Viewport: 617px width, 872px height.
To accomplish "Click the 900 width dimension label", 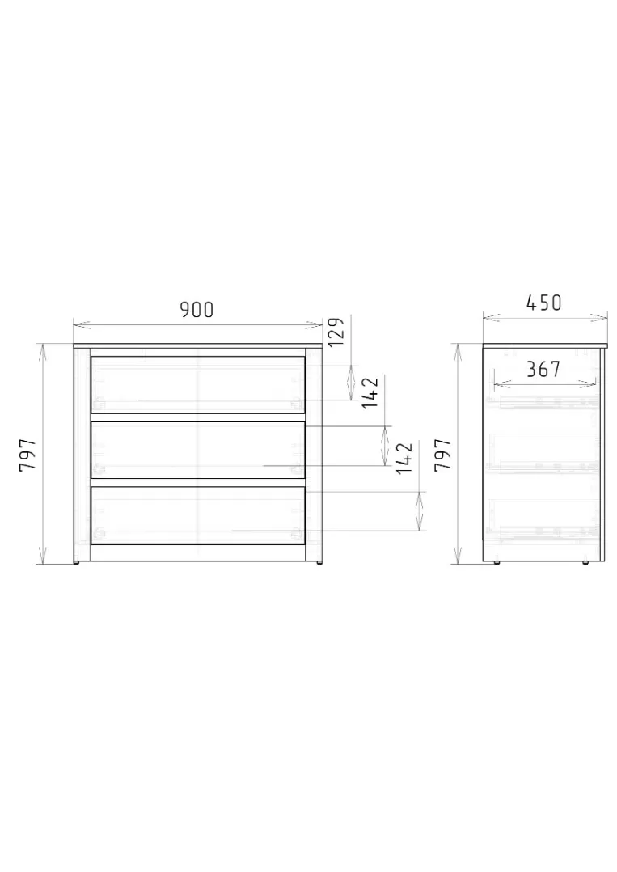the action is tap(197, 310).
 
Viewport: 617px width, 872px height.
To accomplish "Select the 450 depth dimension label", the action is tap(543, 303).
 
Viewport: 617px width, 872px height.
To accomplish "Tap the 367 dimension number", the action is tap(543, 369).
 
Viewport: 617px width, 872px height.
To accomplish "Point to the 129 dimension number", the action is tap(337, 332).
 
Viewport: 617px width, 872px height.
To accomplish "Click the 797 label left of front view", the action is tap(27, 455).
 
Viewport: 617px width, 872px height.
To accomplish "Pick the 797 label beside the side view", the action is tap(442, 455).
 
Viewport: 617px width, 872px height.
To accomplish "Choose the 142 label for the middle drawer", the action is tap(370, 392).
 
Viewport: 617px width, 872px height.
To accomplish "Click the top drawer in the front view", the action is tap(198, 383).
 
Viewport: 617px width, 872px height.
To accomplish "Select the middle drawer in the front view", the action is tap(198, 450).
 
